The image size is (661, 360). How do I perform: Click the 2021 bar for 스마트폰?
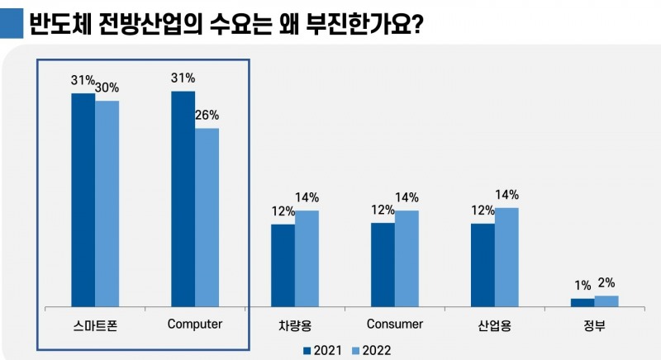click(83, 198)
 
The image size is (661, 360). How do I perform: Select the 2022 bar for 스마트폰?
click(107, 202)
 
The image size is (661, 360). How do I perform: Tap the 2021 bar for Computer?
click(183, 197)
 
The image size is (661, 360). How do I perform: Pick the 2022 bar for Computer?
click(207, 216)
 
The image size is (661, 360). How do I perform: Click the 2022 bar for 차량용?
click(307, 257)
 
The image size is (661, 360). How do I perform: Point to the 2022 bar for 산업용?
click(506, 255)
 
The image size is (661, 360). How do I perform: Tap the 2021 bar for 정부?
click(583, 301)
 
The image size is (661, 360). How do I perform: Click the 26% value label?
click(207, 116)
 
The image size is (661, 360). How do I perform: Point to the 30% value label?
click(107, 88)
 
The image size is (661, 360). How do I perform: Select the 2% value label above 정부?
click(606, 282)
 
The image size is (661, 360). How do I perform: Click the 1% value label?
click(583, 286)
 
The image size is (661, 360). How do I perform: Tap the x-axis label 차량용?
click(295, 324)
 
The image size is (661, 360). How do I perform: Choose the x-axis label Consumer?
click(395, 324)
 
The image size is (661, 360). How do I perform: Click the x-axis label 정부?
click(594, 324)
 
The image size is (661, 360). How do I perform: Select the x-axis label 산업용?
click(495, 324)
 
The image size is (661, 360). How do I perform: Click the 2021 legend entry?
click(325, 350)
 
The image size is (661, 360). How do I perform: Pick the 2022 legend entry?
click(371, 350)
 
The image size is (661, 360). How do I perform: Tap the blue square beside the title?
click(12, 23)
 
